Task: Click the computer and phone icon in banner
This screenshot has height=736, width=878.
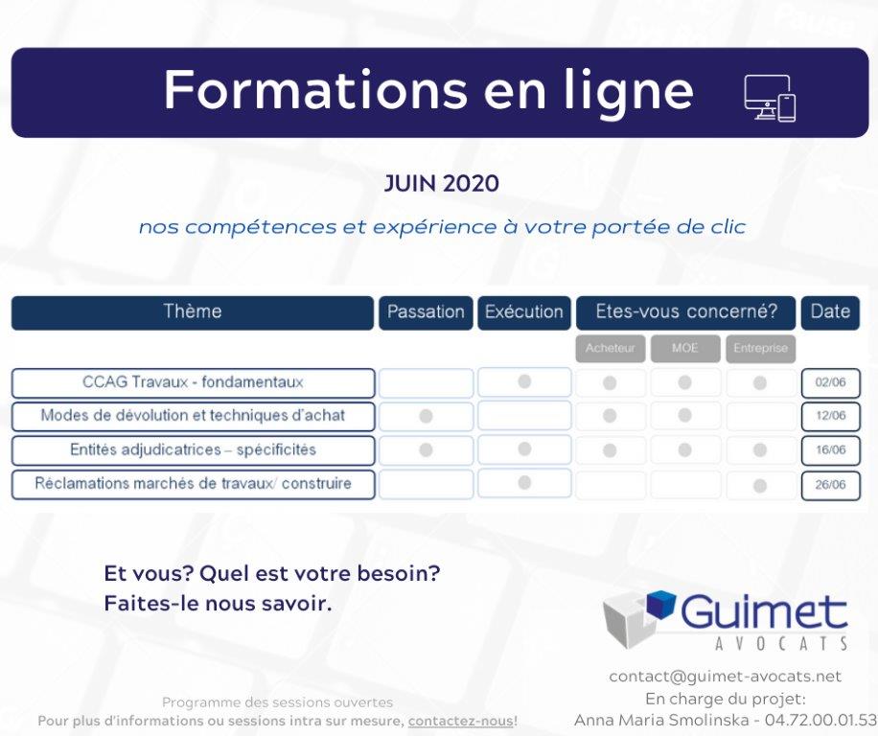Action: pyautogui.click(x=770, y=99)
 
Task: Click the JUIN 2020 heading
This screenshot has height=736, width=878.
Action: pyautogui.click(x=441, y=184)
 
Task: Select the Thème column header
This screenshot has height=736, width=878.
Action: pyautogui.click(x=192, y=312)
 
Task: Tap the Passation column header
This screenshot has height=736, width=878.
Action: pyautogui.click(x=426, y=312)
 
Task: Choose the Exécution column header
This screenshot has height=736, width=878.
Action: pyautogui.click(x=524, y=312)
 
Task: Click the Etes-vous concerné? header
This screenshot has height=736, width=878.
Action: pyautogui.click(x=686, y=312)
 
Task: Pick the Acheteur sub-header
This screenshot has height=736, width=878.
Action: pyautogui.click(x=611, y=348)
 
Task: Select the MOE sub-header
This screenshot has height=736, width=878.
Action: pyautogui.click(x=685, y=348)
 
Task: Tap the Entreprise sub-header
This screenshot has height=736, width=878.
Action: pyautogui.click(x=760, y=348)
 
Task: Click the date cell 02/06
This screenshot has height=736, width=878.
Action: pyautogui.click(x=830, y=382)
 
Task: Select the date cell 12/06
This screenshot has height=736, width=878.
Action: pyautogui.click(x=830, y=416)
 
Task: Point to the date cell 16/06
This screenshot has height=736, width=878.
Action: pyautogui.click(x=830, y=450)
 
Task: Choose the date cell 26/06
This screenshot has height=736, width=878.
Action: pyautogui.click(x=830, y=485)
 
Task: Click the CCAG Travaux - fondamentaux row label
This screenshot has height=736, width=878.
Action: pyautogui.click(x=193, y=382)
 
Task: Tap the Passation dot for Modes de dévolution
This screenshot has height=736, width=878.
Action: pyautogui.click(x=426, y=417)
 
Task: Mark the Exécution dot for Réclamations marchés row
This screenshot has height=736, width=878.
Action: pyautogui.click(x=524, y=482)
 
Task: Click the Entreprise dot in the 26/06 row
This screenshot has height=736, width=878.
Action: pyautogui.click(x=760, y=485)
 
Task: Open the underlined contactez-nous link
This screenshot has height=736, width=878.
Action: pyautogui.click(x=461, y=721)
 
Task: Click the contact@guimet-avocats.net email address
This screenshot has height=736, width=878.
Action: pyautogui.click(x=726, y=677)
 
